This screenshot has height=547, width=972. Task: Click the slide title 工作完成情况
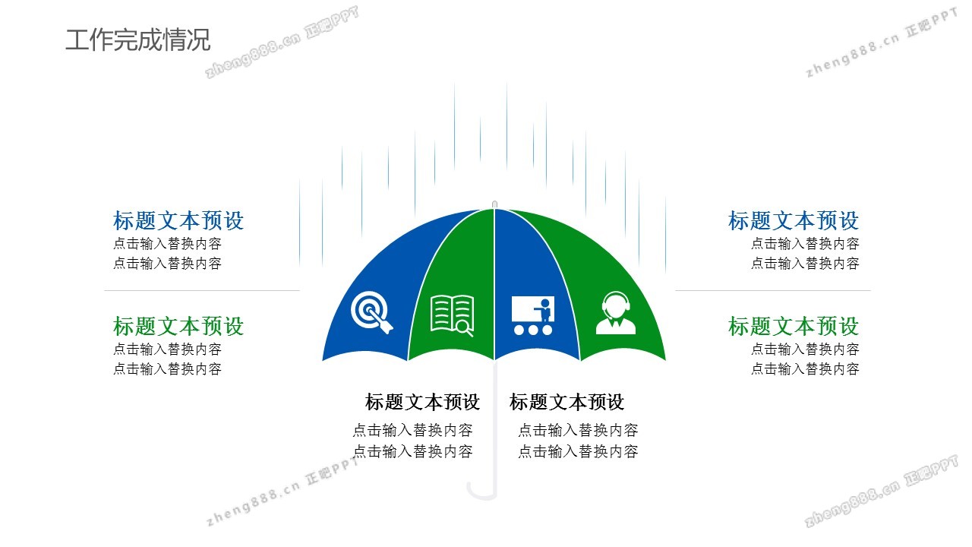(138, 40)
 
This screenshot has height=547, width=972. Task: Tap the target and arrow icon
(371, 312)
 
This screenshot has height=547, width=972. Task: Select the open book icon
(452, 315)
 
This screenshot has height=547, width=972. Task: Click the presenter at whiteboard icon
(533, 315)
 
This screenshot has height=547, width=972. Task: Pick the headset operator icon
(615, 312)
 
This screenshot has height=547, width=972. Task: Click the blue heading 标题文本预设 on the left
(178, 220)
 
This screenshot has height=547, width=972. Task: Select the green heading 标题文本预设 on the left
(178, 326)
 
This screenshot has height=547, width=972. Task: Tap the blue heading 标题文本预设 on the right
(794, 220)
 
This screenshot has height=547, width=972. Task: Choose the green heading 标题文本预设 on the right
(794, 326)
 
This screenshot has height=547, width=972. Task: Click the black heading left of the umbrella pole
(422, 402)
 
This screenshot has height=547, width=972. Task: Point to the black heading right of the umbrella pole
(566, 402)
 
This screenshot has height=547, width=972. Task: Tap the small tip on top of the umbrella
(494, 204)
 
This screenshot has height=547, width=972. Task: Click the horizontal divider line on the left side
(202, 290)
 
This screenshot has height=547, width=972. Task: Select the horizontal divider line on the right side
(773, 290)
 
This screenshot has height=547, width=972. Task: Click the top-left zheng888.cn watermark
(282, 43)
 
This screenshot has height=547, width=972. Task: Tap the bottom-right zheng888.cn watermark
(881, 492)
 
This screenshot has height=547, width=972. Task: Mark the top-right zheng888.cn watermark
(882, 43)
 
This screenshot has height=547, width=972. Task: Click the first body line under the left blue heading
(168, 244)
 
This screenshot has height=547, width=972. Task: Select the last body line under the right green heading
(805, 369)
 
